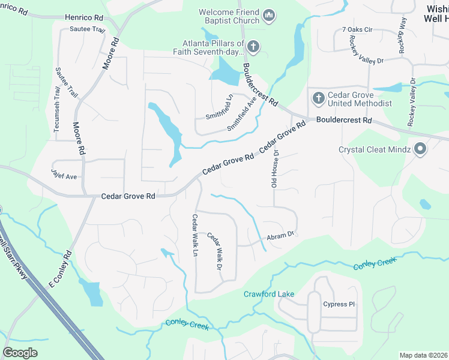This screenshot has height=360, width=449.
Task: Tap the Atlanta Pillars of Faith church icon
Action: coord(253,46)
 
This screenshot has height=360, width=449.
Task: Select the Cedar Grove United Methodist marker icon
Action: coord(318,97)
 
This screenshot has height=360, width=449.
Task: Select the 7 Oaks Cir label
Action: coord(357,29)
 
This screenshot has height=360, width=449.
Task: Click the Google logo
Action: coord(20,352)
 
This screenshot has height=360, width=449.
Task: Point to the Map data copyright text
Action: coord(423,355)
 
